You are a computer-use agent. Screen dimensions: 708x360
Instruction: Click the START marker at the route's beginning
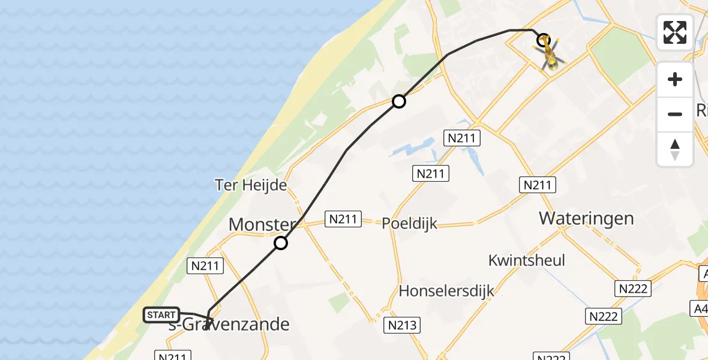[x=161, y=315]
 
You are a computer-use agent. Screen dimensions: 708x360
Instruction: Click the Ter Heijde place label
[x=251, y=185]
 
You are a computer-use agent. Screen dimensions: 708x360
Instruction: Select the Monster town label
[x=262, y=225]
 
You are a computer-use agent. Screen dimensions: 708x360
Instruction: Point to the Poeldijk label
[x=410, y=224]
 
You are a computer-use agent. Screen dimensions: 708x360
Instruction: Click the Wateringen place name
[x=586, y=218]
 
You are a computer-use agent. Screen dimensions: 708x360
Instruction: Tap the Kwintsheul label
[x=527, y=260]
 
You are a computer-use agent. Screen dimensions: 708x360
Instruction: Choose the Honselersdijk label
[x=446, y=292]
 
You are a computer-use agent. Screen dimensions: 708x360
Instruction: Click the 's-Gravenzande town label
[x=232, y=325]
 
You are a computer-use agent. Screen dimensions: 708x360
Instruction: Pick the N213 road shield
[x=401, y=326]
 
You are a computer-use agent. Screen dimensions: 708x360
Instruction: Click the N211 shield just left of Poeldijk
[x=344, y=219]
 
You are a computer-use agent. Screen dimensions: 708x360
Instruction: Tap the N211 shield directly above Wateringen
[x=537, y=185]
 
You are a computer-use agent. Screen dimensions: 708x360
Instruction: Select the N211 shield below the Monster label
[x=206, y=266]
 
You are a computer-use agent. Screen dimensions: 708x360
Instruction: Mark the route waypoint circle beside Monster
[x=281, y=243]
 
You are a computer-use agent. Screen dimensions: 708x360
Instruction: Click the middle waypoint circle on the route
[x=399, y=101]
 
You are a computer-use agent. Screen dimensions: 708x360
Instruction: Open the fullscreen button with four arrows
[x=675, y=32]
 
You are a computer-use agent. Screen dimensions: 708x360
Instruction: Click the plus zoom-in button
[x=675, y=80]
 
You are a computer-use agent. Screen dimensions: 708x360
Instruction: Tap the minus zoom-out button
[x=675, y=114]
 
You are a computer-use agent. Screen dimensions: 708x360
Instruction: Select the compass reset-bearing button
[x=675, y=149]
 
